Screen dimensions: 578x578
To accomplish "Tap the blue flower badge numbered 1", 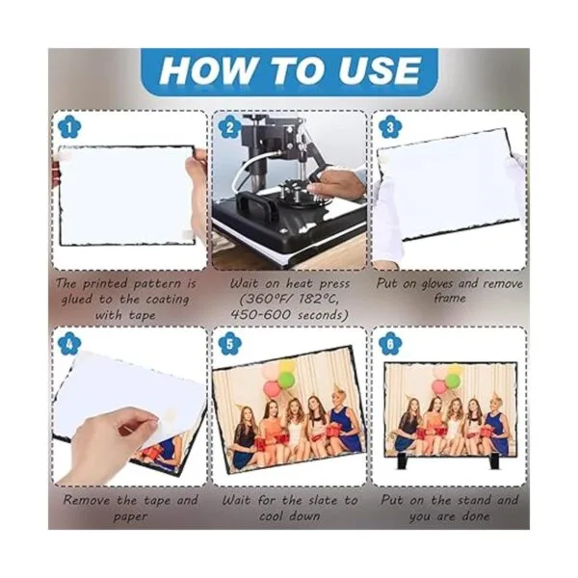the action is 69,127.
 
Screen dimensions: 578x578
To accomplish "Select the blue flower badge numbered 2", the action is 229,127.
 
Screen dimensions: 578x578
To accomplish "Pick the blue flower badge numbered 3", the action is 390,127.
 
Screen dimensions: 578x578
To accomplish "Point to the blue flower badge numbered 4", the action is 69,344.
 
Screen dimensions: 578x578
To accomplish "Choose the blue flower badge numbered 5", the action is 229,344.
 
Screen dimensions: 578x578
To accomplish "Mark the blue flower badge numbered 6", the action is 390,344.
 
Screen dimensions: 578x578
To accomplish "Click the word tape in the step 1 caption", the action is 142,316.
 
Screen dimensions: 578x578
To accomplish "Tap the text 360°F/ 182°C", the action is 289,299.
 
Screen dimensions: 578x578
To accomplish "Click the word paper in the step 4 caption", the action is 130,516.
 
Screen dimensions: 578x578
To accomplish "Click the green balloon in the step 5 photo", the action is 286,380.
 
